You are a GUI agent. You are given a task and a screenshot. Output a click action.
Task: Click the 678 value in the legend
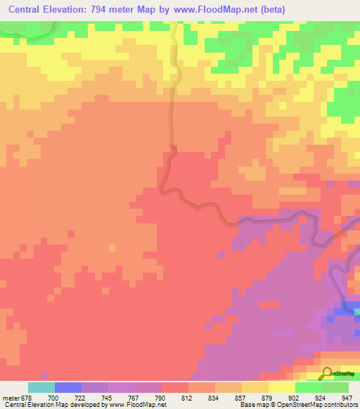[x=28, y=398]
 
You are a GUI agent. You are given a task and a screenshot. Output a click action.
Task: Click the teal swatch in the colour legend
[x=41, y=387]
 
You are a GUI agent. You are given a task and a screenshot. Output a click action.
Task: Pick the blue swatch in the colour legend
[x=67, y=387]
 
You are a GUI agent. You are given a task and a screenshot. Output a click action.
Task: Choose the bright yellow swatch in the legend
[x=281, y=387]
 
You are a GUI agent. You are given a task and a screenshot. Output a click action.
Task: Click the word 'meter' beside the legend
[x=10, y=398]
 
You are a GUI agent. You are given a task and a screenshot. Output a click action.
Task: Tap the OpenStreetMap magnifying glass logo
[x=328, y=373]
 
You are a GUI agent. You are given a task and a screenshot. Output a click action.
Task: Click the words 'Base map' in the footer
[x=253, y=405]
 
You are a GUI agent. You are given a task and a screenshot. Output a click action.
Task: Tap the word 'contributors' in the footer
[x=340, y=405]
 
